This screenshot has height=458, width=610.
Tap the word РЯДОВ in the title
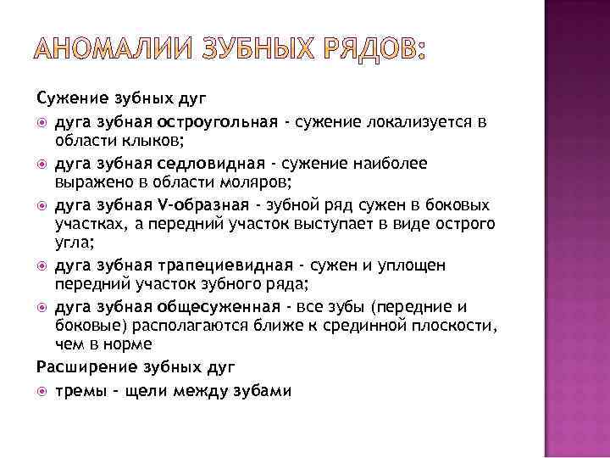tap(367, 52)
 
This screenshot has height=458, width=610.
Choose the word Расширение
tap(83, 366)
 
